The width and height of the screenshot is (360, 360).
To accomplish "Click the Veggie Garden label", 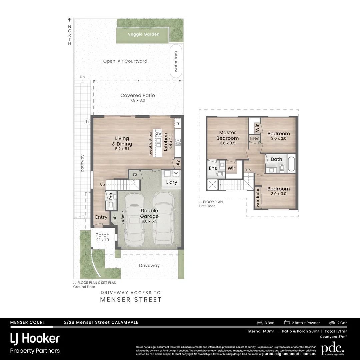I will coord(143,34).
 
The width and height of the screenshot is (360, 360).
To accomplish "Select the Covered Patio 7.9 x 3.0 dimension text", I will coord(138,100).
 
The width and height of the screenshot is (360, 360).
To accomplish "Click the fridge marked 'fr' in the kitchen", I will coord(178,123).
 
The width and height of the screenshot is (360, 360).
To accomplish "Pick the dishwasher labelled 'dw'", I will coord(158,133).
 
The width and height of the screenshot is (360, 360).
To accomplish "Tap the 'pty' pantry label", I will coord(178,164).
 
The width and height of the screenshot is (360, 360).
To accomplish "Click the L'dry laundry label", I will coord(172,182).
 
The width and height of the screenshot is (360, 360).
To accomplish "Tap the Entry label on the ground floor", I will coord(101,217).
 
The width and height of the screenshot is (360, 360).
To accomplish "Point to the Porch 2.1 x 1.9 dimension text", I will coord(102,240).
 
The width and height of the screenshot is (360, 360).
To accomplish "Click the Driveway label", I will coord(149,266).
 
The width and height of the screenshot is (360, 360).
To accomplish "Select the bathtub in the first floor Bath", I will coord(291,164).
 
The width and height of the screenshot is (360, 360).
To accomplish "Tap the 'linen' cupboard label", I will coord(254,138).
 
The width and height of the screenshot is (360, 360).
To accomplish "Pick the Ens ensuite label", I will coord(213,168).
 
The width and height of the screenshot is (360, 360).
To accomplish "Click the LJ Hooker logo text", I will coord(35,339).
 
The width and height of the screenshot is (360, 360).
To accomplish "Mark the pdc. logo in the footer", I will coord(332,349).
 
